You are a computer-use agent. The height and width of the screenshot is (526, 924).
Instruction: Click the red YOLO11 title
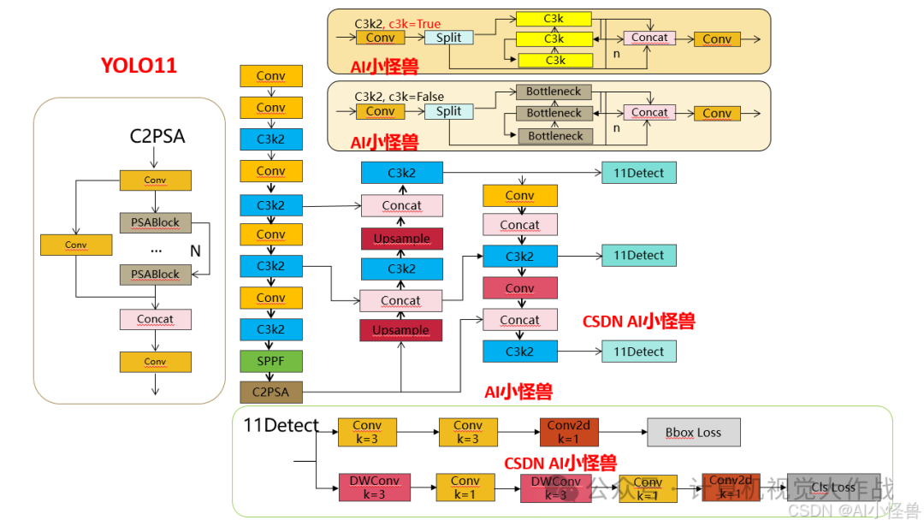[139, 66]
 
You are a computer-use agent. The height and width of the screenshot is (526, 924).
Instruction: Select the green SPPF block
[271, 361]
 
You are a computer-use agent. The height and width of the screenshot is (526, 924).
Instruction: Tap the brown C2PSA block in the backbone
[271, 393]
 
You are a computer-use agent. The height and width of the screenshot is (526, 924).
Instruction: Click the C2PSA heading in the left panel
[157, 136]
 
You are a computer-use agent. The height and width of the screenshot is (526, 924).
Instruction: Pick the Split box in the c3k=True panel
[448, 38]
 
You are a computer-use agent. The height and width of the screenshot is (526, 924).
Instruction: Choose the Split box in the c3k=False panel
[448, 111]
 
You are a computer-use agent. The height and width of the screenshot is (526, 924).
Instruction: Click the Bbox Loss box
[693, 433]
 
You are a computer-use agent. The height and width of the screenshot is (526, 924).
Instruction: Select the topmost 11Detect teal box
[638, 173]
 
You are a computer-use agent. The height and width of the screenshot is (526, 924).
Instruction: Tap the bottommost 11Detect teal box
[638, 352]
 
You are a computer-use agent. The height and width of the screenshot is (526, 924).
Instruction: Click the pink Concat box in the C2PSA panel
[155, 319]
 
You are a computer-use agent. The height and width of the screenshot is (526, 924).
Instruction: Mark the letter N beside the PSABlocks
[194, 251]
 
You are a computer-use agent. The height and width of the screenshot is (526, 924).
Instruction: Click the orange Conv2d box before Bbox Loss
[568, 433]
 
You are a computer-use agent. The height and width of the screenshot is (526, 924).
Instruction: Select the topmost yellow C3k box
[554, 18]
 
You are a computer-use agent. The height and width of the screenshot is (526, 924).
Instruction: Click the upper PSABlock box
[155, 222]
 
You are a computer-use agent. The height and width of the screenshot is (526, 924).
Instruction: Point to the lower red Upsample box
[400, 330]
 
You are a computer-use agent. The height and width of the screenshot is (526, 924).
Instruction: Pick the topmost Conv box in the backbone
[271, 76]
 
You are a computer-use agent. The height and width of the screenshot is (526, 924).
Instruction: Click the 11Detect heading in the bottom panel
[281, 425]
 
